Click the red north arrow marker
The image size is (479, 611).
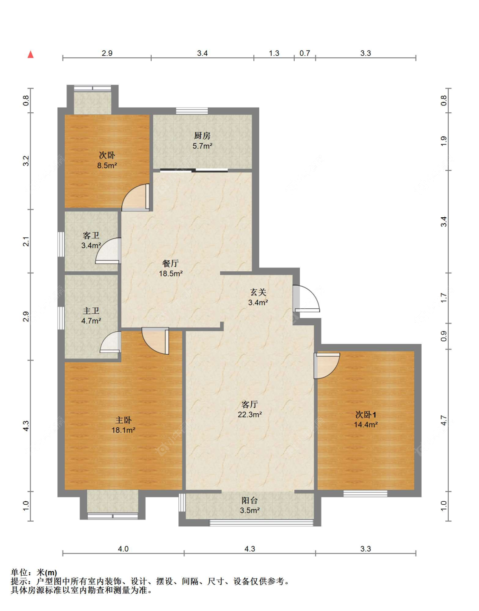click(x=30, y=54)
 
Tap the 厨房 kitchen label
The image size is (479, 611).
click(x=202, y=136)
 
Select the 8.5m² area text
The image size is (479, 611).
click(x=107, y=165)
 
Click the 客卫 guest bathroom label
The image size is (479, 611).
click(x=91, y=236)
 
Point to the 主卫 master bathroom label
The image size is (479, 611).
click(x=91, y=311)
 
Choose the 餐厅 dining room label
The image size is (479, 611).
click(x=171, y=264)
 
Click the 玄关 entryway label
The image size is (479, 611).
click(x=258, y=293)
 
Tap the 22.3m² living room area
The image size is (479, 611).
click(x=250, y=414)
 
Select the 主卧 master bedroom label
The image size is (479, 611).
click(x=123, y=420)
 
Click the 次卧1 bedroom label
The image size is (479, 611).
click(x=366, y=415)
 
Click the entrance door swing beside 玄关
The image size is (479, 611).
click(x=306, y=298)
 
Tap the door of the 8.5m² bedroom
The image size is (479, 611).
click(x=135, y=197)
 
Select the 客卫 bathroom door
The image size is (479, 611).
click(x=108, y=251)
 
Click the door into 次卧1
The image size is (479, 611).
click(x=327, y=366)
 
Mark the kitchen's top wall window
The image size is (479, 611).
click(x=192, y=111)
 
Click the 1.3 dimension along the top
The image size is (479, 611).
click(x=274, y=53)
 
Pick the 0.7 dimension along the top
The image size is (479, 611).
click(x=305, y=53)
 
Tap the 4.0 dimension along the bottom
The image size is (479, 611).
click(x=123, y=548)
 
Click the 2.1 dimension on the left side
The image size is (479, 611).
click(x=26, y=242)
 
